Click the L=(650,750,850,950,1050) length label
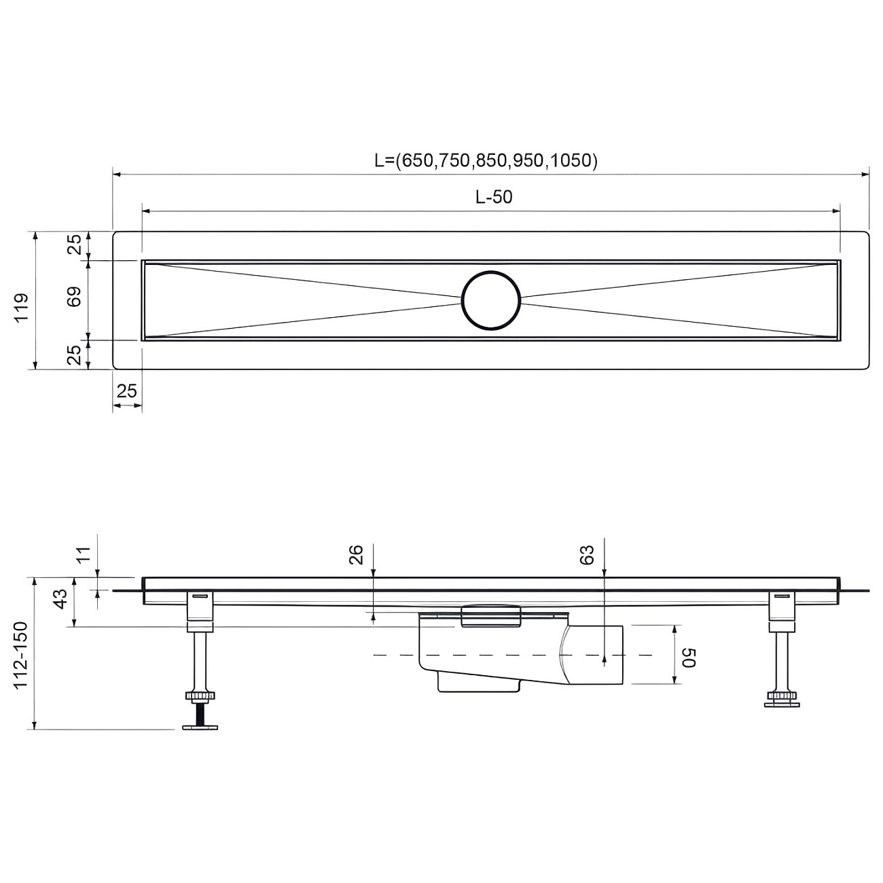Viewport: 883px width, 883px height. click(486, 160)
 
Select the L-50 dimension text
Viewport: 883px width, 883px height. click(494, 197)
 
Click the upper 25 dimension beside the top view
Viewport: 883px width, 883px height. click(74, 244)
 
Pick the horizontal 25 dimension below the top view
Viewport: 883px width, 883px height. click(127, 391)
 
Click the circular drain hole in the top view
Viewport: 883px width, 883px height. click(491, 300)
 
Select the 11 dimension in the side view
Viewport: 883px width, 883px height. click(83, 555)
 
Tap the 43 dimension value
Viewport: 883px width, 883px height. click(60, 600)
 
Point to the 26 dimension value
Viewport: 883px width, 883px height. click(357, 555)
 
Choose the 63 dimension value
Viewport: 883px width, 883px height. click(588, 555)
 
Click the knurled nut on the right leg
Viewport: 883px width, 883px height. click(782, 696)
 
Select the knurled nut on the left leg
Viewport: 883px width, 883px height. click(200, 696)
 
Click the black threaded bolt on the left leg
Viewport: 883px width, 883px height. click(200, 713)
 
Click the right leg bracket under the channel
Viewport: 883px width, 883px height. click(782, 606)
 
